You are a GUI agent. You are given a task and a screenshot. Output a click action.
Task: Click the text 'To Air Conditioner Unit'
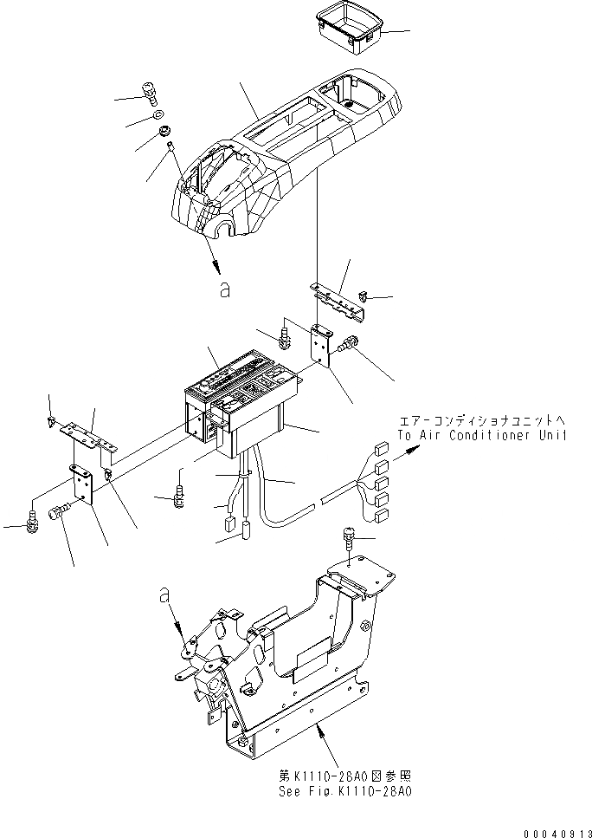(x=482, y=436)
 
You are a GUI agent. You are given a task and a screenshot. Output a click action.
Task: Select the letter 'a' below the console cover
(x=225, y=291)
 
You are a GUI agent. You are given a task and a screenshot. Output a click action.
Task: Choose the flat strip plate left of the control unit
(x=90, y=438)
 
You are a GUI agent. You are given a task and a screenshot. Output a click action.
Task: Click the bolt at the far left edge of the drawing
(x=32, y=521)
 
